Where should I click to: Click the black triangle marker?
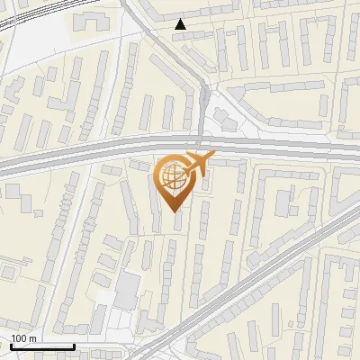(181, 24)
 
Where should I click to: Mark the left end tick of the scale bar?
(11, 346)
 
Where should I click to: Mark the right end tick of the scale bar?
(74, 346)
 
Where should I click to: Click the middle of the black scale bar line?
(42, 347)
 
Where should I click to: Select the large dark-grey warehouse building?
(128, 289)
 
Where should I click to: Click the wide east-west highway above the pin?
(90, 150)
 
